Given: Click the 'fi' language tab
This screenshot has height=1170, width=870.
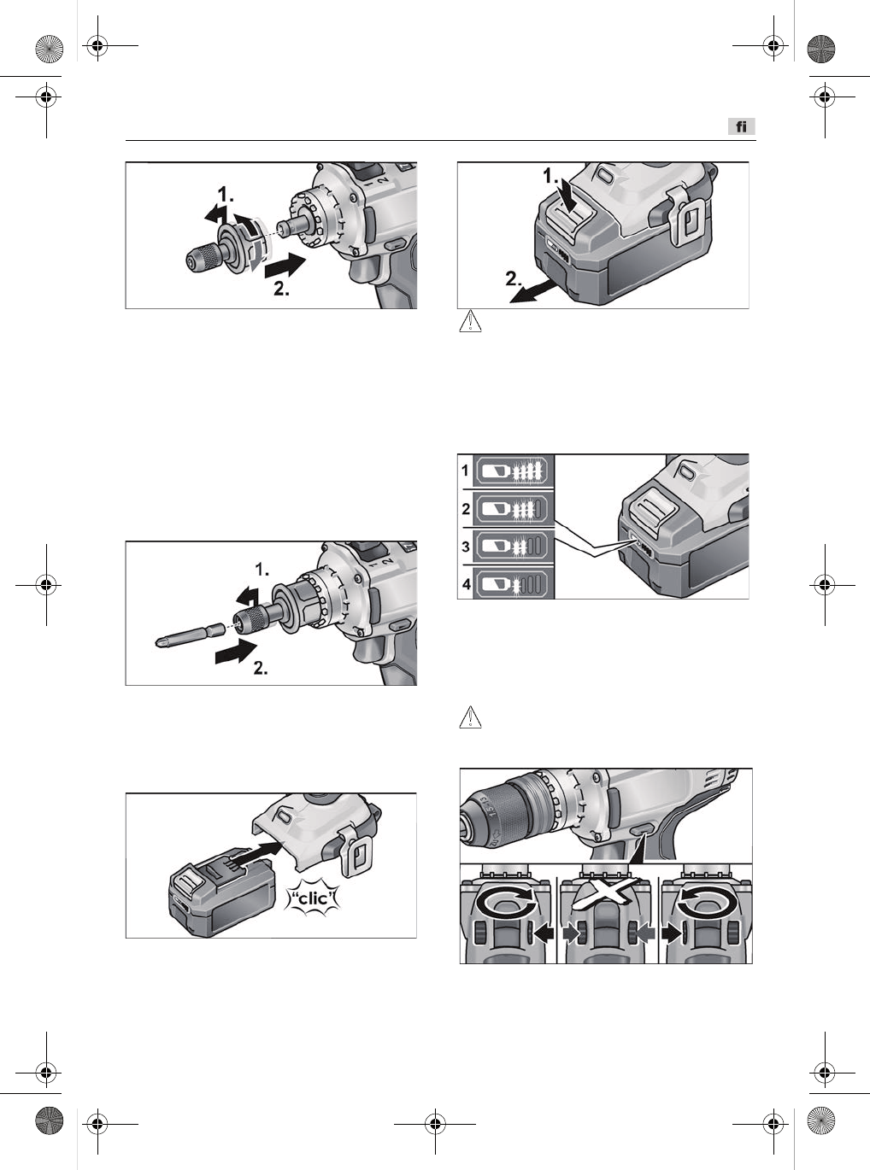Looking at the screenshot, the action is point(742,126).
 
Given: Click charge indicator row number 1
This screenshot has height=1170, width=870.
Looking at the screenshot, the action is point(506,471).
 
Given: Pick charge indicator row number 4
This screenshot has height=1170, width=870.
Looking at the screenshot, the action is point(506,583).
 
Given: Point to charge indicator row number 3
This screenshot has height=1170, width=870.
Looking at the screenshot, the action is point(506,546).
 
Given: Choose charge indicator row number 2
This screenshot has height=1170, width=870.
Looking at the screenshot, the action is point(506,508).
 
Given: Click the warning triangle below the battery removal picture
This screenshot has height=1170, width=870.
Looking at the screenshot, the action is point(470,321).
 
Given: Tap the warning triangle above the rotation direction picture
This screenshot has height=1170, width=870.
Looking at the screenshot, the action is point(470,718).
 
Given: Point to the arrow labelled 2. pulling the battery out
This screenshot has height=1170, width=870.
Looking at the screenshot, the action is point(533,293).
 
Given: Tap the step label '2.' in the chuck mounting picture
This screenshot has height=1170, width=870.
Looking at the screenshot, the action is point(281,288).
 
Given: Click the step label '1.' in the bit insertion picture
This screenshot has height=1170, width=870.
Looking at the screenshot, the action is point(262,569).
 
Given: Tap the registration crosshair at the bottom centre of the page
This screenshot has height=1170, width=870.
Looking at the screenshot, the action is point(434,1124).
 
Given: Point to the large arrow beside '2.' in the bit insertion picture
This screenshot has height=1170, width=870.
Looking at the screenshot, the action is point(236,651).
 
